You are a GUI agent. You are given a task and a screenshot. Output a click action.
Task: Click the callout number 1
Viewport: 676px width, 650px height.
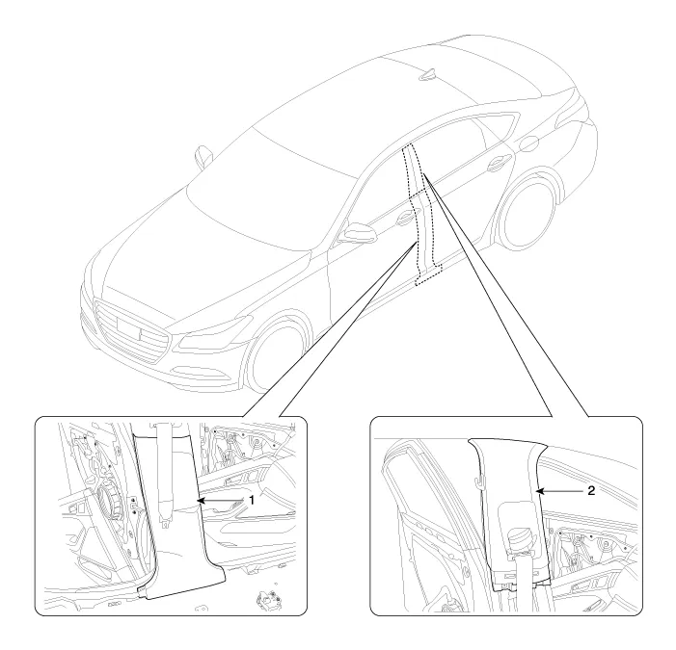tap(252, 500)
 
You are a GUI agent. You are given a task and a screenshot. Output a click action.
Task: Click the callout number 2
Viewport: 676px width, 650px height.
tap(591, 490)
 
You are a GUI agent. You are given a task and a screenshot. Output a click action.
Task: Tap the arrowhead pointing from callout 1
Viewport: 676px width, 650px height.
tap(201, 501)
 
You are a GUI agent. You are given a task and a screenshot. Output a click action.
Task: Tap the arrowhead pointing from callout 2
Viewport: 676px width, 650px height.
tap(540, 491)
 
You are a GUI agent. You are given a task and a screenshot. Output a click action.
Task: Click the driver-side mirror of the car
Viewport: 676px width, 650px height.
tap(358, 233)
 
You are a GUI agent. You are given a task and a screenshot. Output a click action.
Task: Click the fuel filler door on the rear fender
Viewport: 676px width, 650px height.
tap(529, 143)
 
